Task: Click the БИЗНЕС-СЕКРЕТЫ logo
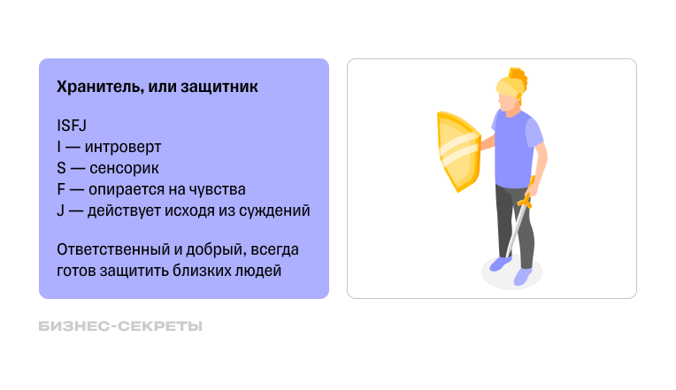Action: click(121, 326)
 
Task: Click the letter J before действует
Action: click(60, 210)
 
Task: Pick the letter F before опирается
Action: click(60, 189)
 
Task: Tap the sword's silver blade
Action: click(513, 234)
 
